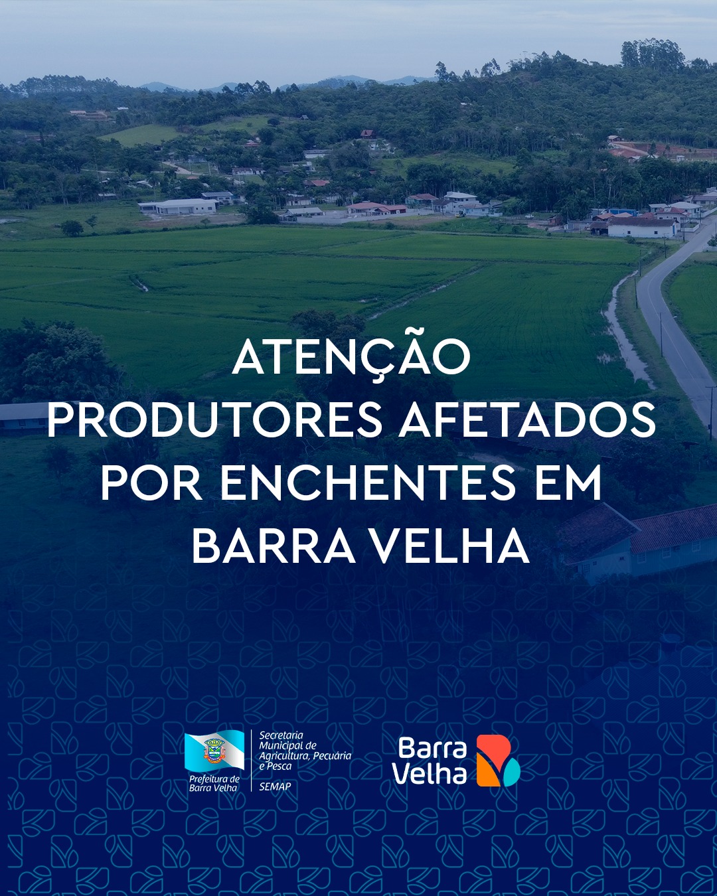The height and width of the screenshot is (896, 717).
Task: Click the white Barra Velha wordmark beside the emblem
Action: tap(432, 760)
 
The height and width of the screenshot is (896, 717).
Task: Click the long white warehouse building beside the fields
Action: tap(179, 206)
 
